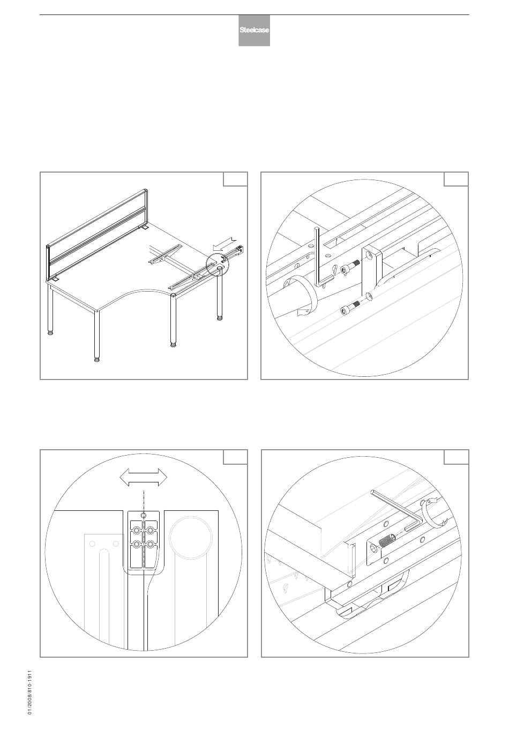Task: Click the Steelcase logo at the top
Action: point(254,30)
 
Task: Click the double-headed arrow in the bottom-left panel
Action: point(144,477)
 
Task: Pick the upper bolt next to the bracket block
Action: point(350,269)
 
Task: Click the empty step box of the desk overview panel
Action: point(235,179)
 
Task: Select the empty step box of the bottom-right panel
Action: point(456,457)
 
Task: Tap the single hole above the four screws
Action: point(144,515)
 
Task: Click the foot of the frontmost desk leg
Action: point(96,360)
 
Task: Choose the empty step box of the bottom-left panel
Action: point(235,457)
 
